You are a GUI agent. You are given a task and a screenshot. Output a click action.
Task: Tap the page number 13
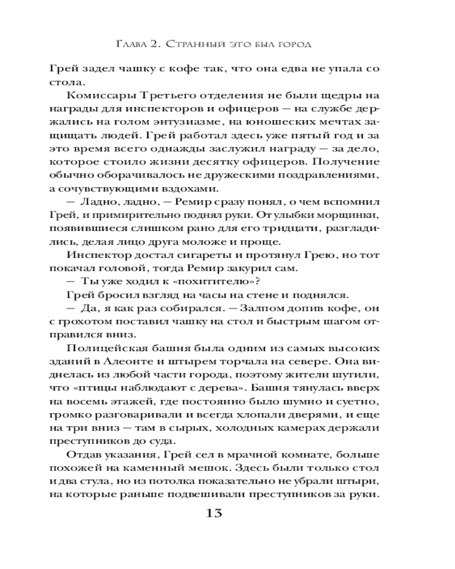pos(219,514)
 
